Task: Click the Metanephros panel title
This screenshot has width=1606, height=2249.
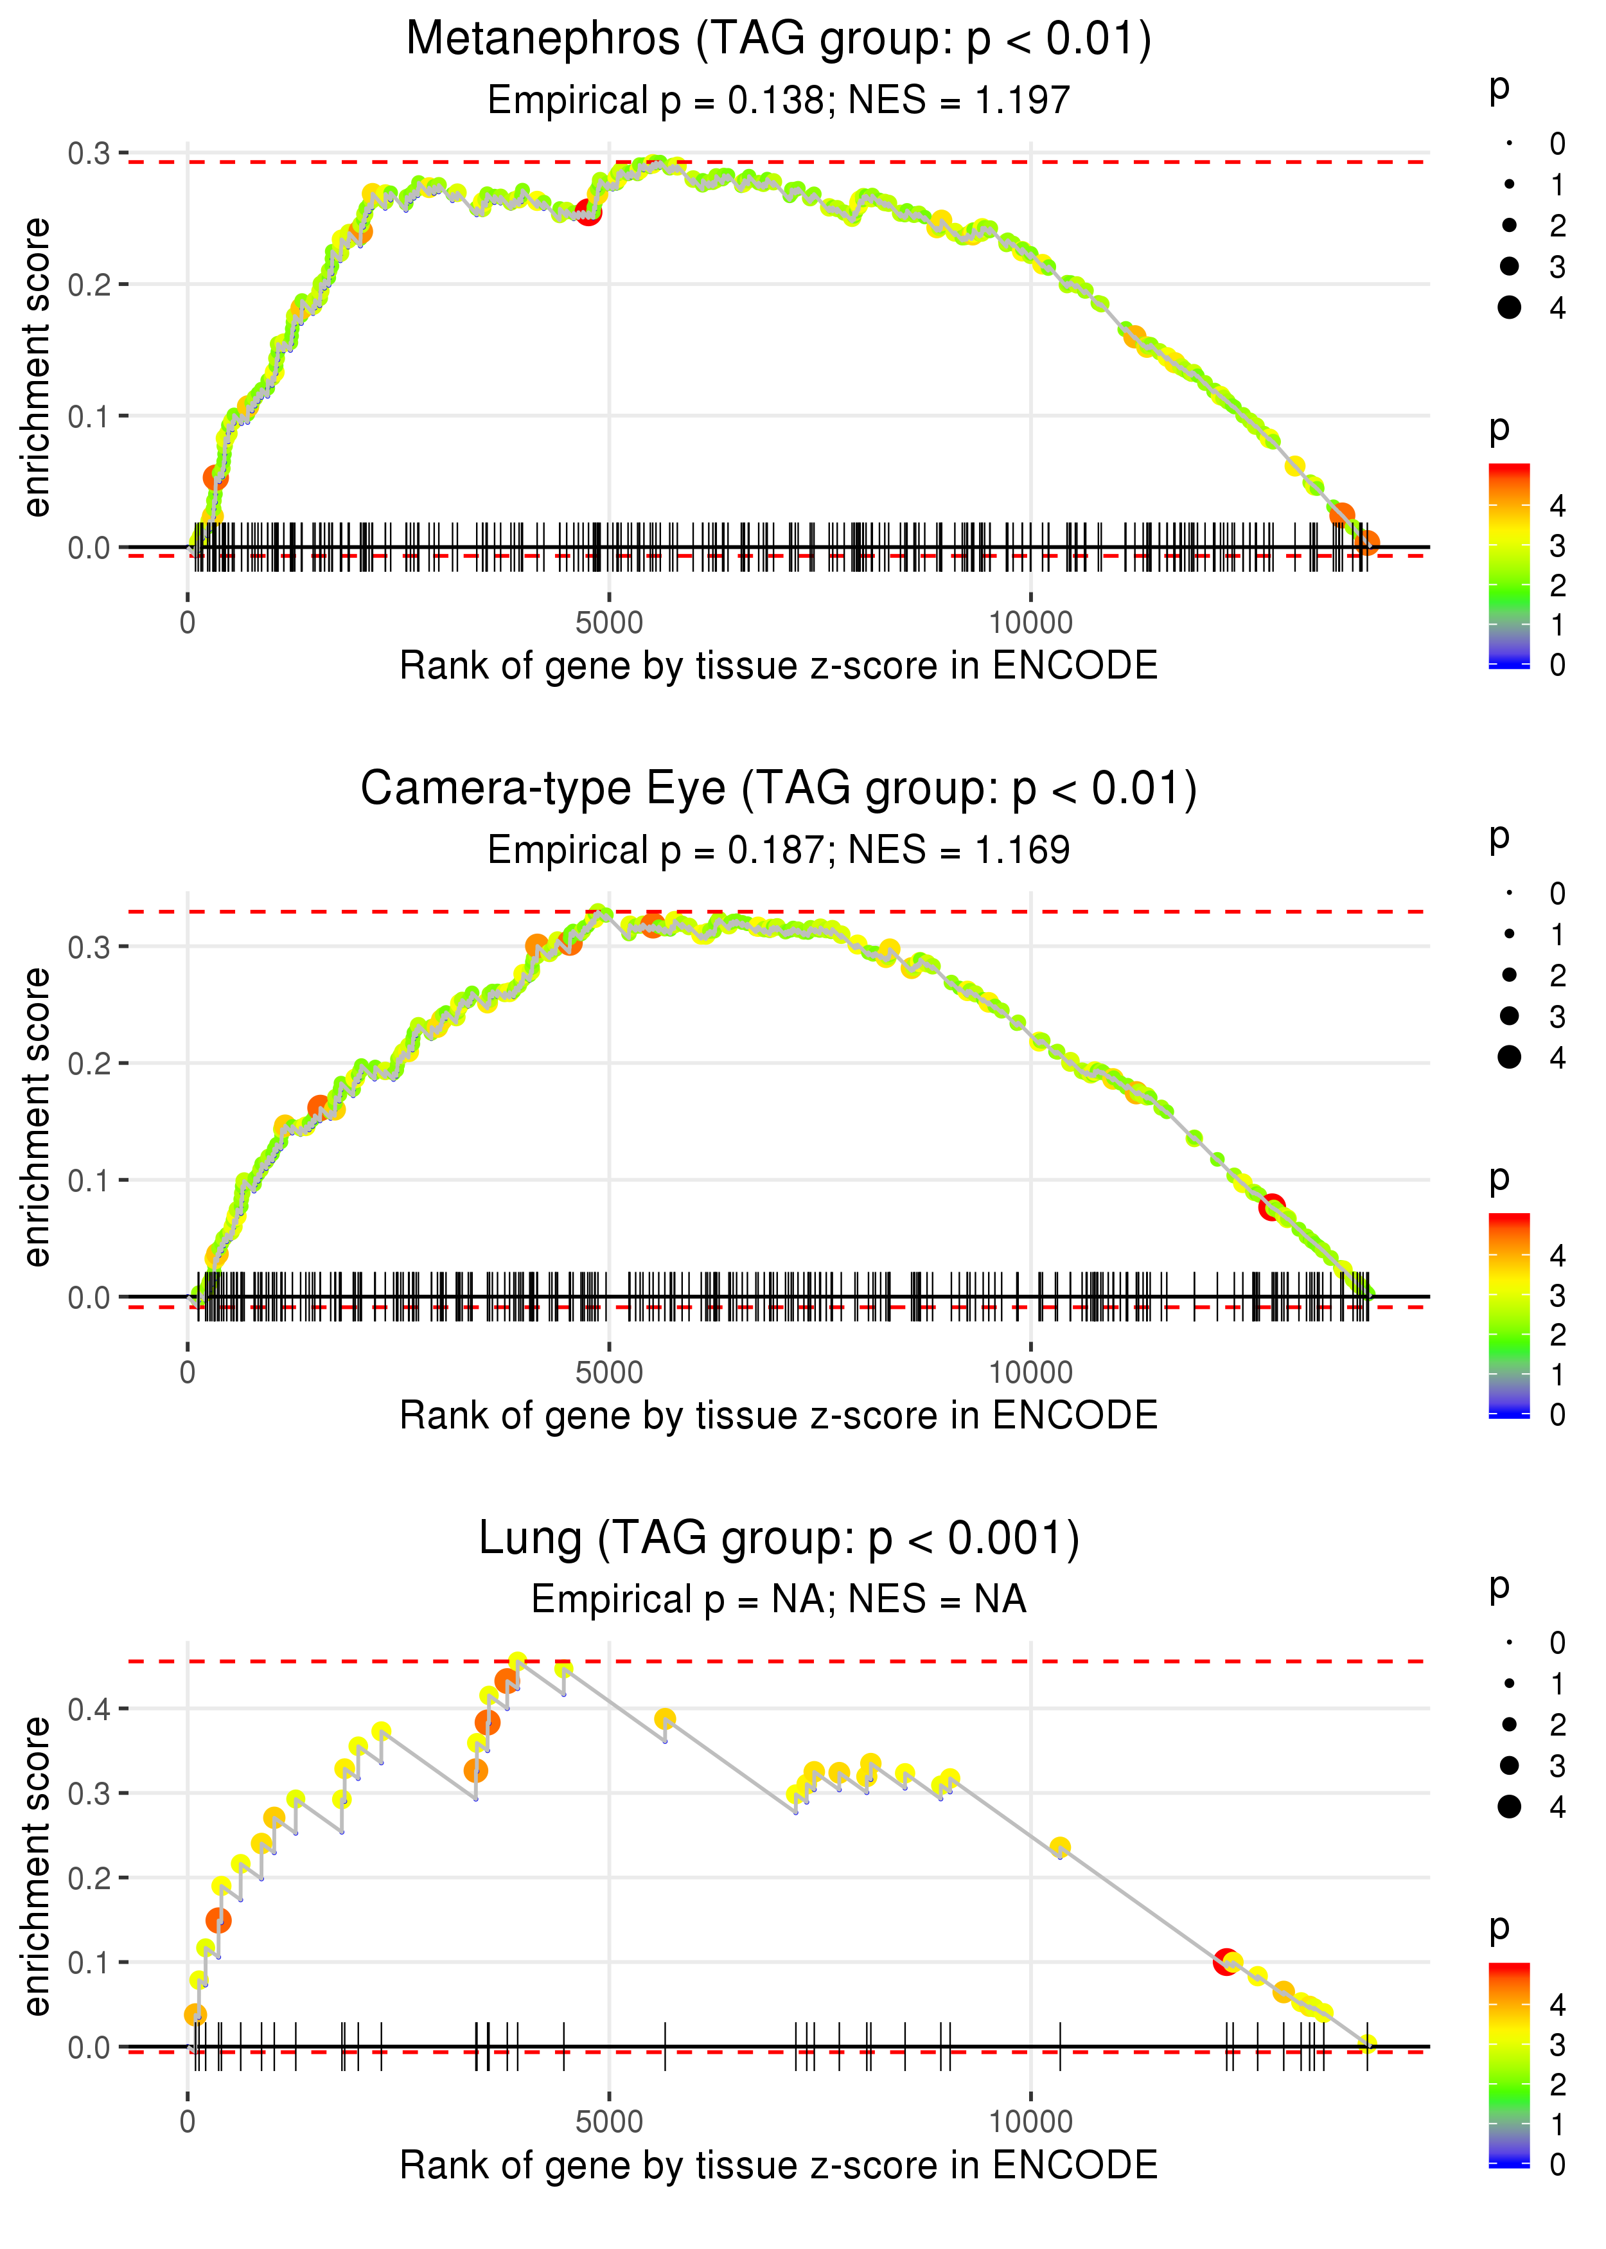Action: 779,40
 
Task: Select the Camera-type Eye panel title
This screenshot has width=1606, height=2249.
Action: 779,789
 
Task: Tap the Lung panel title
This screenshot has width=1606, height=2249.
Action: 779,1539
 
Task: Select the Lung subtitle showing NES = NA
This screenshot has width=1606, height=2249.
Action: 779,1600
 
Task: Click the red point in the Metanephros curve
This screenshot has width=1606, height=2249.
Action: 588,211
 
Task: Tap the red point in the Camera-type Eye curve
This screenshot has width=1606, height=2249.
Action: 1272,1207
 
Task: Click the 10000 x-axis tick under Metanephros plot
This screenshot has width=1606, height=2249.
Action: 1030,623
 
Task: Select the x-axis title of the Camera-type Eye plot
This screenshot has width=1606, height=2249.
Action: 779,1416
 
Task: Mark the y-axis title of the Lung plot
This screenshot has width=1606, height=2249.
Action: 37,1867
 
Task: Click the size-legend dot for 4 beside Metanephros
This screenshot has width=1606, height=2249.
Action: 1509,308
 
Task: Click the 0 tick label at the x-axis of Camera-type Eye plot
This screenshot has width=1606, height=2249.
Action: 188,1373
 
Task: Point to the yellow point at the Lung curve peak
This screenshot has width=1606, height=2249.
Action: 517,1660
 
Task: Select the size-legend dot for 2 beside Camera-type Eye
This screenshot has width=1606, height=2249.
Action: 1509,975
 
